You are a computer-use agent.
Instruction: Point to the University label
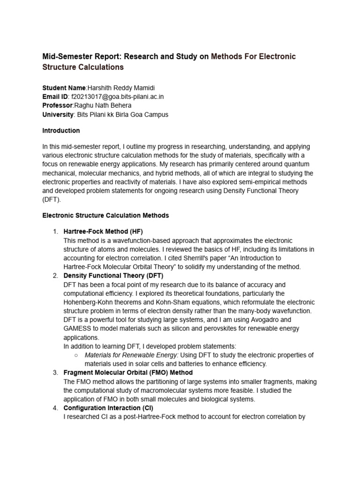58,114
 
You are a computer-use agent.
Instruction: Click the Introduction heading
61,130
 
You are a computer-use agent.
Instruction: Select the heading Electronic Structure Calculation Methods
105,216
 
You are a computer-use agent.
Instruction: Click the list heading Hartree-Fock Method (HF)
103,232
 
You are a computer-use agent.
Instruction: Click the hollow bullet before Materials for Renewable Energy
76,355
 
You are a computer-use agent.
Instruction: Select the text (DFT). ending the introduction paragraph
52,199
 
